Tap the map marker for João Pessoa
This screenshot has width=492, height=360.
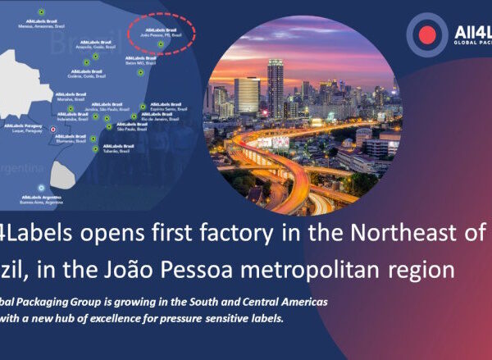coord(162,43)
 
